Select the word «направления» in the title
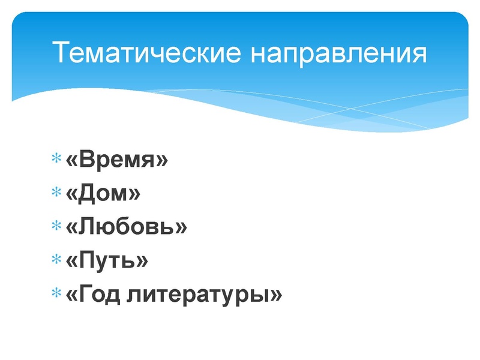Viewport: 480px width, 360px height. pyautogui.click(x=338, y=54)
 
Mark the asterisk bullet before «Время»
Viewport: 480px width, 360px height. pyautogui.click(x=56, y=160)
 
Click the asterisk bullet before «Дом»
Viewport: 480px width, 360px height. pyautogui.click(x=56, y=194)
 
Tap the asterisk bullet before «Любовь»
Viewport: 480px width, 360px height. pyautogui.click(x=56, y=227)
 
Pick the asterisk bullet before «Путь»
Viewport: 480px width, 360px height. pyautogui.click(x=56, y=261)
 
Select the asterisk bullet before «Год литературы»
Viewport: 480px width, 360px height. pyautogui.click(x=56, y=295)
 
